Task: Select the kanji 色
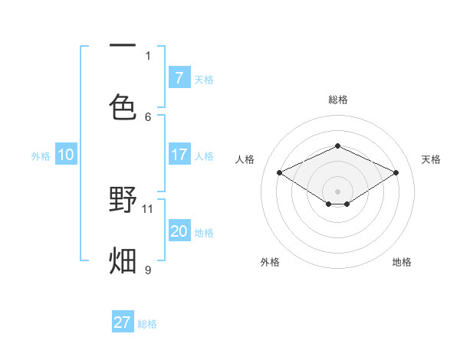(x=123, y=107)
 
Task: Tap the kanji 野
(x=123, y=201)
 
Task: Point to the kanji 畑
(x=123, y=260)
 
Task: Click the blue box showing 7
(x=179, y=77)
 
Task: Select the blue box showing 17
(x=179, y=155)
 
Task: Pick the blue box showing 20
(x=179, y=231)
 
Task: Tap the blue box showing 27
(x=123, y=322)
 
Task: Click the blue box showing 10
(x=66, y=155)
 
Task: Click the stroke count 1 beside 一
(x=148, y=55)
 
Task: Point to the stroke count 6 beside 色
(x=148, y=116)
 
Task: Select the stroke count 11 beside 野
(x=148, y=208)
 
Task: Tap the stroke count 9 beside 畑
(x=148, y=270)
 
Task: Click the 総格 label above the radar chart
(x=338, y=100)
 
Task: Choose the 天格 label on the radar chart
(x=431, y=159)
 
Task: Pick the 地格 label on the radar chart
(x=402, y=262)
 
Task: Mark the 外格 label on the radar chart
(x=270, y=262)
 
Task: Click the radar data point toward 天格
(x=396, y=173)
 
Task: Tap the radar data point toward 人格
(x=280, y=173)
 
